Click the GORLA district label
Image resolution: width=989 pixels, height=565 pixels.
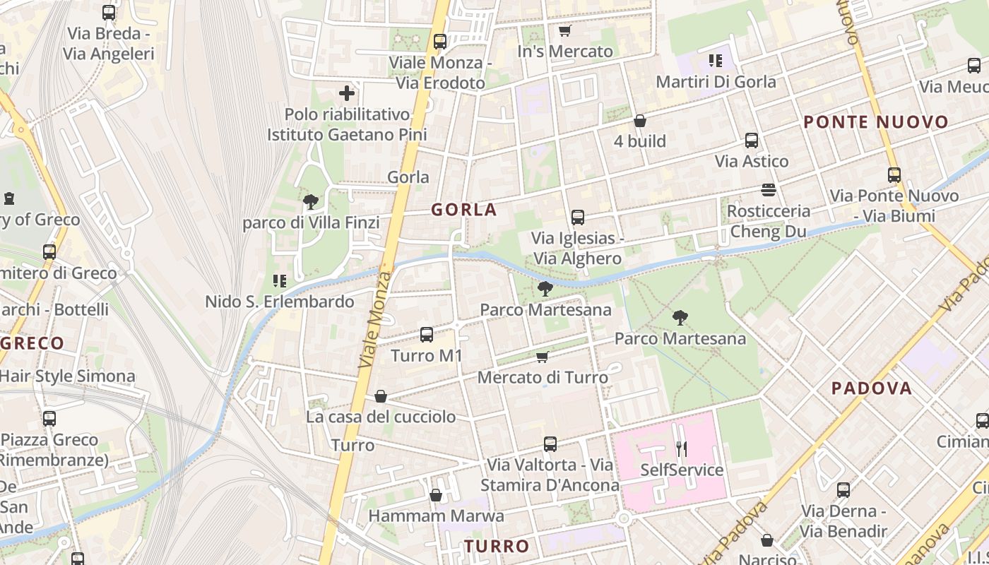coord(464,210)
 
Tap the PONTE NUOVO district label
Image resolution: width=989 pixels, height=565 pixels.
coord(876,122)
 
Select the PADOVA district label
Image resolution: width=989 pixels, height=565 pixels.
coord(872,388)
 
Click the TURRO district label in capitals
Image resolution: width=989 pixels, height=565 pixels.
coord(497,546)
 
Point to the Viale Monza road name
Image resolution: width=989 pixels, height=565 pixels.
coord(375,319)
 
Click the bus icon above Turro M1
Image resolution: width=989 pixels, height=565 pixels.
coord(427,335)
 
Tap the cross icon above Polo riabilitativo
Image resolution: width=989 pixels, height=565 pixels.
coord(347,93)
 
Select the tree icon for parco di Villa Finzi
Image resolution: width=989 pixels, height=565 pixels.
coord(310,203)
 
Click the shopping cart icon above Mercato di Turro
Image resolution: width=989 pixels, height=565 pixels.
coord(543,357)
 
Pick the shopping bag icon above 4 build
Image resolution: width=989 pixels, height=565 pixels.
coord(640,121)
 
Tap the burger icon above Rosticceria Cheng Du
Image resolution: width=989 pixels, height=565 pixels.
coord(769,190)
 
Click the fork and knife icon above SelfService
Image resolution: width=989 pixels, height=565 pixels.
coord(682,448)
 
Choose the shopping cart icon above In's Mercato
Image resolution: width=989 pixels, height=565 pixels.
coord(564,31)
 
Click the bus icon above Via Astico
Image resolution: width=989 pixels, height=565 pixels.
coord(752,141)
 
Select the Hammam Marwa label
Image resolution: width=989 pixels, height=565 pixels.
coord(436,516)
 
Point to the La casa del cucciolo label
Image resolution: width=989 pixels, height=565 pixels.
coord(381,417)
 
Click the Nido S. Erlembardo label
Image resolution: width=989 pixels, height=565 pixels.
coord(280,302)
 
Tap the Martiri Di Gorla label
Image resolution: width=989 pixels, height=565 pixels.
coord(716,82)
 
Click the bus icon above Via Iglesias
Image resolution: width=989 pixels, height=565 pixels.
coord(578,218)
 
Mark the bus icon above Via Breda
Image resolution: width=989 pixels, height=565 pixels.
coord(109,13)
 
